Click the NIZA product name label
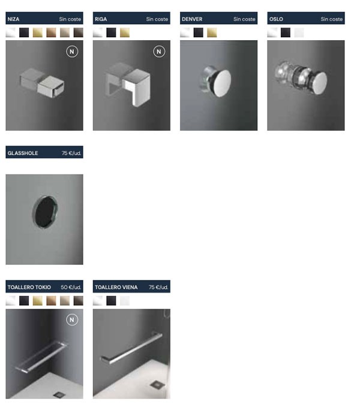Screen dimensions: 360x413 pos(13,19)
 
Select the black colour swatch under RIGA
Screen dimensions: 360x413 pos(111,32)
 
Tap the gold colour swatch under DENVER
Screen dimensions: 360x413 pos(212,32)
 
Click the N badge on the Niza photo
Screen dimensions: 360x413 pos(72,52)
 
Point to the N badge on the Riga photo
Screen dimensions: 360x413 pos(159,52)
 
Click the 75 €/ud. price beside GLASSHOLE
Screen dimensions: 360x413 pos(71,153)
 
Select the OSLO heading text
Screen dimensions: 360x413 pos(276,19)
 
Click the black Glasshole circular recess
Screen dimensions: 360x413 pos(45,212)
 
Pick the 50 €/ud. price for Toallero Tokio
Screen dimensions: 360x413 pos(71,287)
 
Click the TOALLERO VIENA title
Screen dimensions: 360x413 pos(116,287)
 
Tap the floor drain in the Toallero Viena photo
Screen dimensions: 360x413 pos(158,385)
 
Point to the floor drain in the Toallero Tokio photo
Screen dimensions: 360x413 pos(59,394)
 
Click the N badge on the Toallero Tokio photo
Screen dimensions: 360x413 pos(72,319)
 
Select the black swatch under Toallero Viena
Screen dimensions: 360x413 pos(111,300)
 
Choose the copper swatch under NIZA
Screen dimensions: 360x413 pos(51,32)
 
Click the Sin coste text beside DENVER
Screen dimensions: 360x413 pos(244,19)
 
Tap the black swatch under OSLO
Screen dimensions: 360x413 pos(286,32)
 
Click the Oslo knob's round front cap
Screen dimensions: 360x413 pos(320,83)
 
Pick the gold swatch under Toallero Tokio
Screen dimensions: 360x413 pos(37,300)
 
